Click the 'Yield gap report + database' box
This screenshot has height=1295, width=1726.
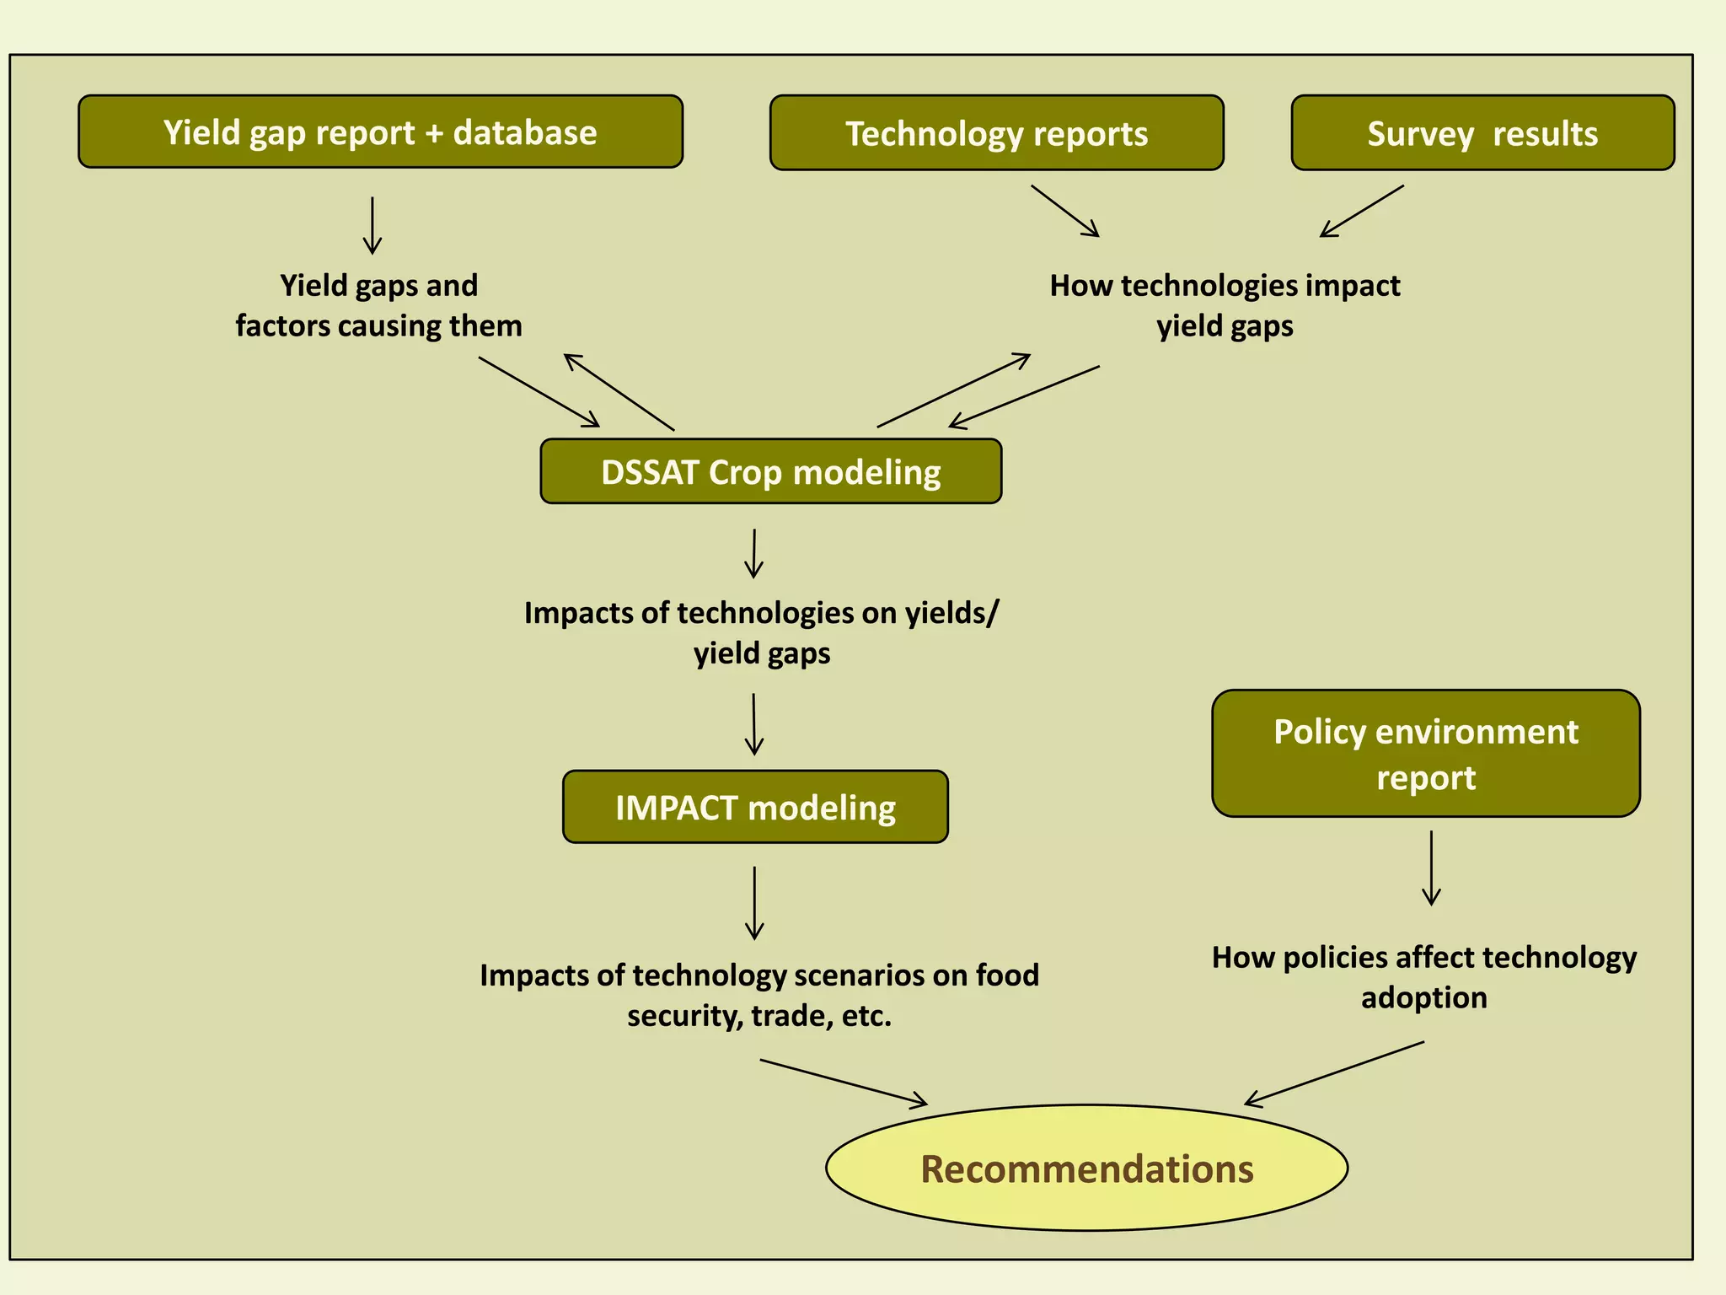coord(380,132)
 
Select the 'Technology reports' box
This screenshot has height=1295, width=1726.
coord(996,133)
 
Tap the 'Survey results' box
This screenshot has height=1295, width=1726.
coord(1482,133)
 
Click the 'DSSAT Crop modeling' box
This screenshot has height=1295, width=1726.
coord(770,471)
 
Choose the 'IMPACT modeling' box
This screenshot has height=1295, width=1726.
coord(755,807)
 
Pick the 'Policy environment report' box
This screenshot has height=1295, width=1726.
coord(1425,754)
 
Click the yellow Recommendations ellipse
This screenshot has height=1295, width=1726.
coord(1086,1169)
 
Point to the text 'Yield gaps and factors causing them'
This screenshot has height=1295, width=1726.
coord(378,305)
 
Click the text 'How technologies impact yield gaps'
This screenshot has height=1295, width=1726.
coord(1224,305)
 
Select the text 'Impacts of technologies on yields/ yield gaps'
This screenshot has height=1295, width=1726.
coord(761,632)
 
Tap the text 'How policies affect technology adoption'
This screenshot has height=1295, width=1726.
coord(1423,977)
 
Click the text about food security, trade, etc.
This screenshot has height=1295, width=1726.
coord(759,995)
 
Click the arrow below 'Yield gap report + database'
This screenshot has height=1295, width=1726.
coord(373,226)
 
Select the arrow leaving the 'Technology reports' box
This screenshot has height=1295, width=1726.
coord(1065,211)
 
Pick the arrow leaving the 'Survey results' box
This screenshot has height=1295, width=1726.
coord(1362,211)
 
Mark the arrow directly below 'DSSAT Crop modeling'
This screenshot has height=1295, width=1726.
coord(754,553)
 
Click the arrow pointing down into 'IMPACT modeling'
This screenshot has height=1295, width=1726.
coord(754,724)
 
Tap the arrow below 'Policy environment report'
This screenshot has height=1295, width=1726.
coord(1431,868)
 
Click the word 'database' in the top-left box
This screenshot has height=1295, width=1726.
coord(525,132)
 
